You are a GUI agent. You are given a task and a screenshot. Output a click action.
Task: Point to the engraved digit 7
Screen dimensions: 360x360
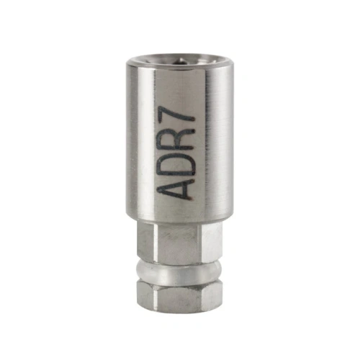(x=178, y=116)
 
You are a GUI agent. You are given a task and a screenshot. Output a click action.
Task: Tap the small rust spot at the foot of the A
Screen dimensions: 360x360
(x=192, y=198)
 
